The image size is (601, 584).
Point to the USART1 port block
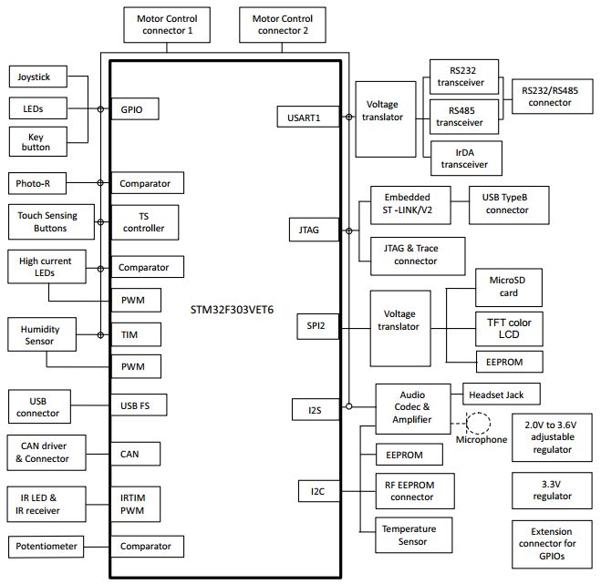click(x=306, y=117)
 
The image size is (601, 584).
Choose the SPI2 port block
click(x=310, y=325)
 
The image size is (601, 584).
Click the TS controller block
click(x=143, y=222)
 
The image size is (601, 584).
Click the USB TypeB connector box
click(x=506, y=203)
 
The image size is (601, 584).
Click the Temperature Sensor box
click(x=409, y=535)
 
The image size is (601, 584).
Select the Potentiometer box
click(x=47, y=547)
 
